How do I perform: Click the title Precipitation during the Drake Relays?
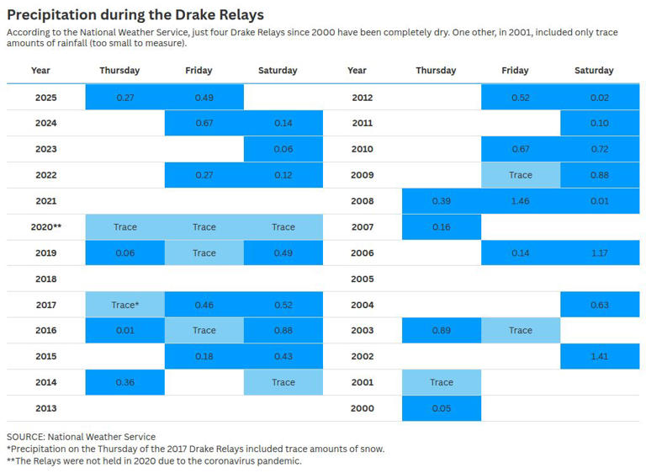pos(135,14)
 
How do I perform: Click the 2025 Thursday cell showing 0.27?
pos(124,98)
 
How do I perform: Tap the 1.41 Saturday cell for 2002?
pos(599,357)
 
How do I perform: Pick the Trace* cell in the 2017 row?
pos(124,305)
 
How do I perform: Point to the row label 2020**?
pos(45,227)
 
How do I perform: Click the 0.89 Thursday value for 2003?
pos(441,331)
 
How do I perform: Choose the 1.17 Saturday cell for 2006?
pos(599,253)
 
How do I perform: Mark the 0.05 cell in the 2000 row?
pos(441,409)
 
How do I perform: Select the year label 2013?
pos(45,409)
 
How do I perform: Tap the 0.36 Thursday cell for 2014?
pos(124,383)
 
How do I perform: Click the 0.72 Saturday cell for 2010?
pos(599,149)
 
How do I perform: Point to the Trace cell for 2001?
pos(441,383)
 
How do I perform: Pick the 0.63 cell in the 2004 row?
pos(599,305)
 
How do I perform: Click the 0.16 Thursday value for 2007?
pos(441,227)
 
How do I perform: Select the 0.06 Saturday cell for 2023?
pos(283,149)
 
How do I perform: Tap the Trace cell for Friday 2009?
pos(520,175)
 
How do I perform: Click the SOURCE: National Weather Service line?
pos(81,437)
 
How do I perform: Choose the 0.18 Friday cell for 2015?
pos(204,357)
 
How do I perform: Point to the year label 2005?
pos(362,279)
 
